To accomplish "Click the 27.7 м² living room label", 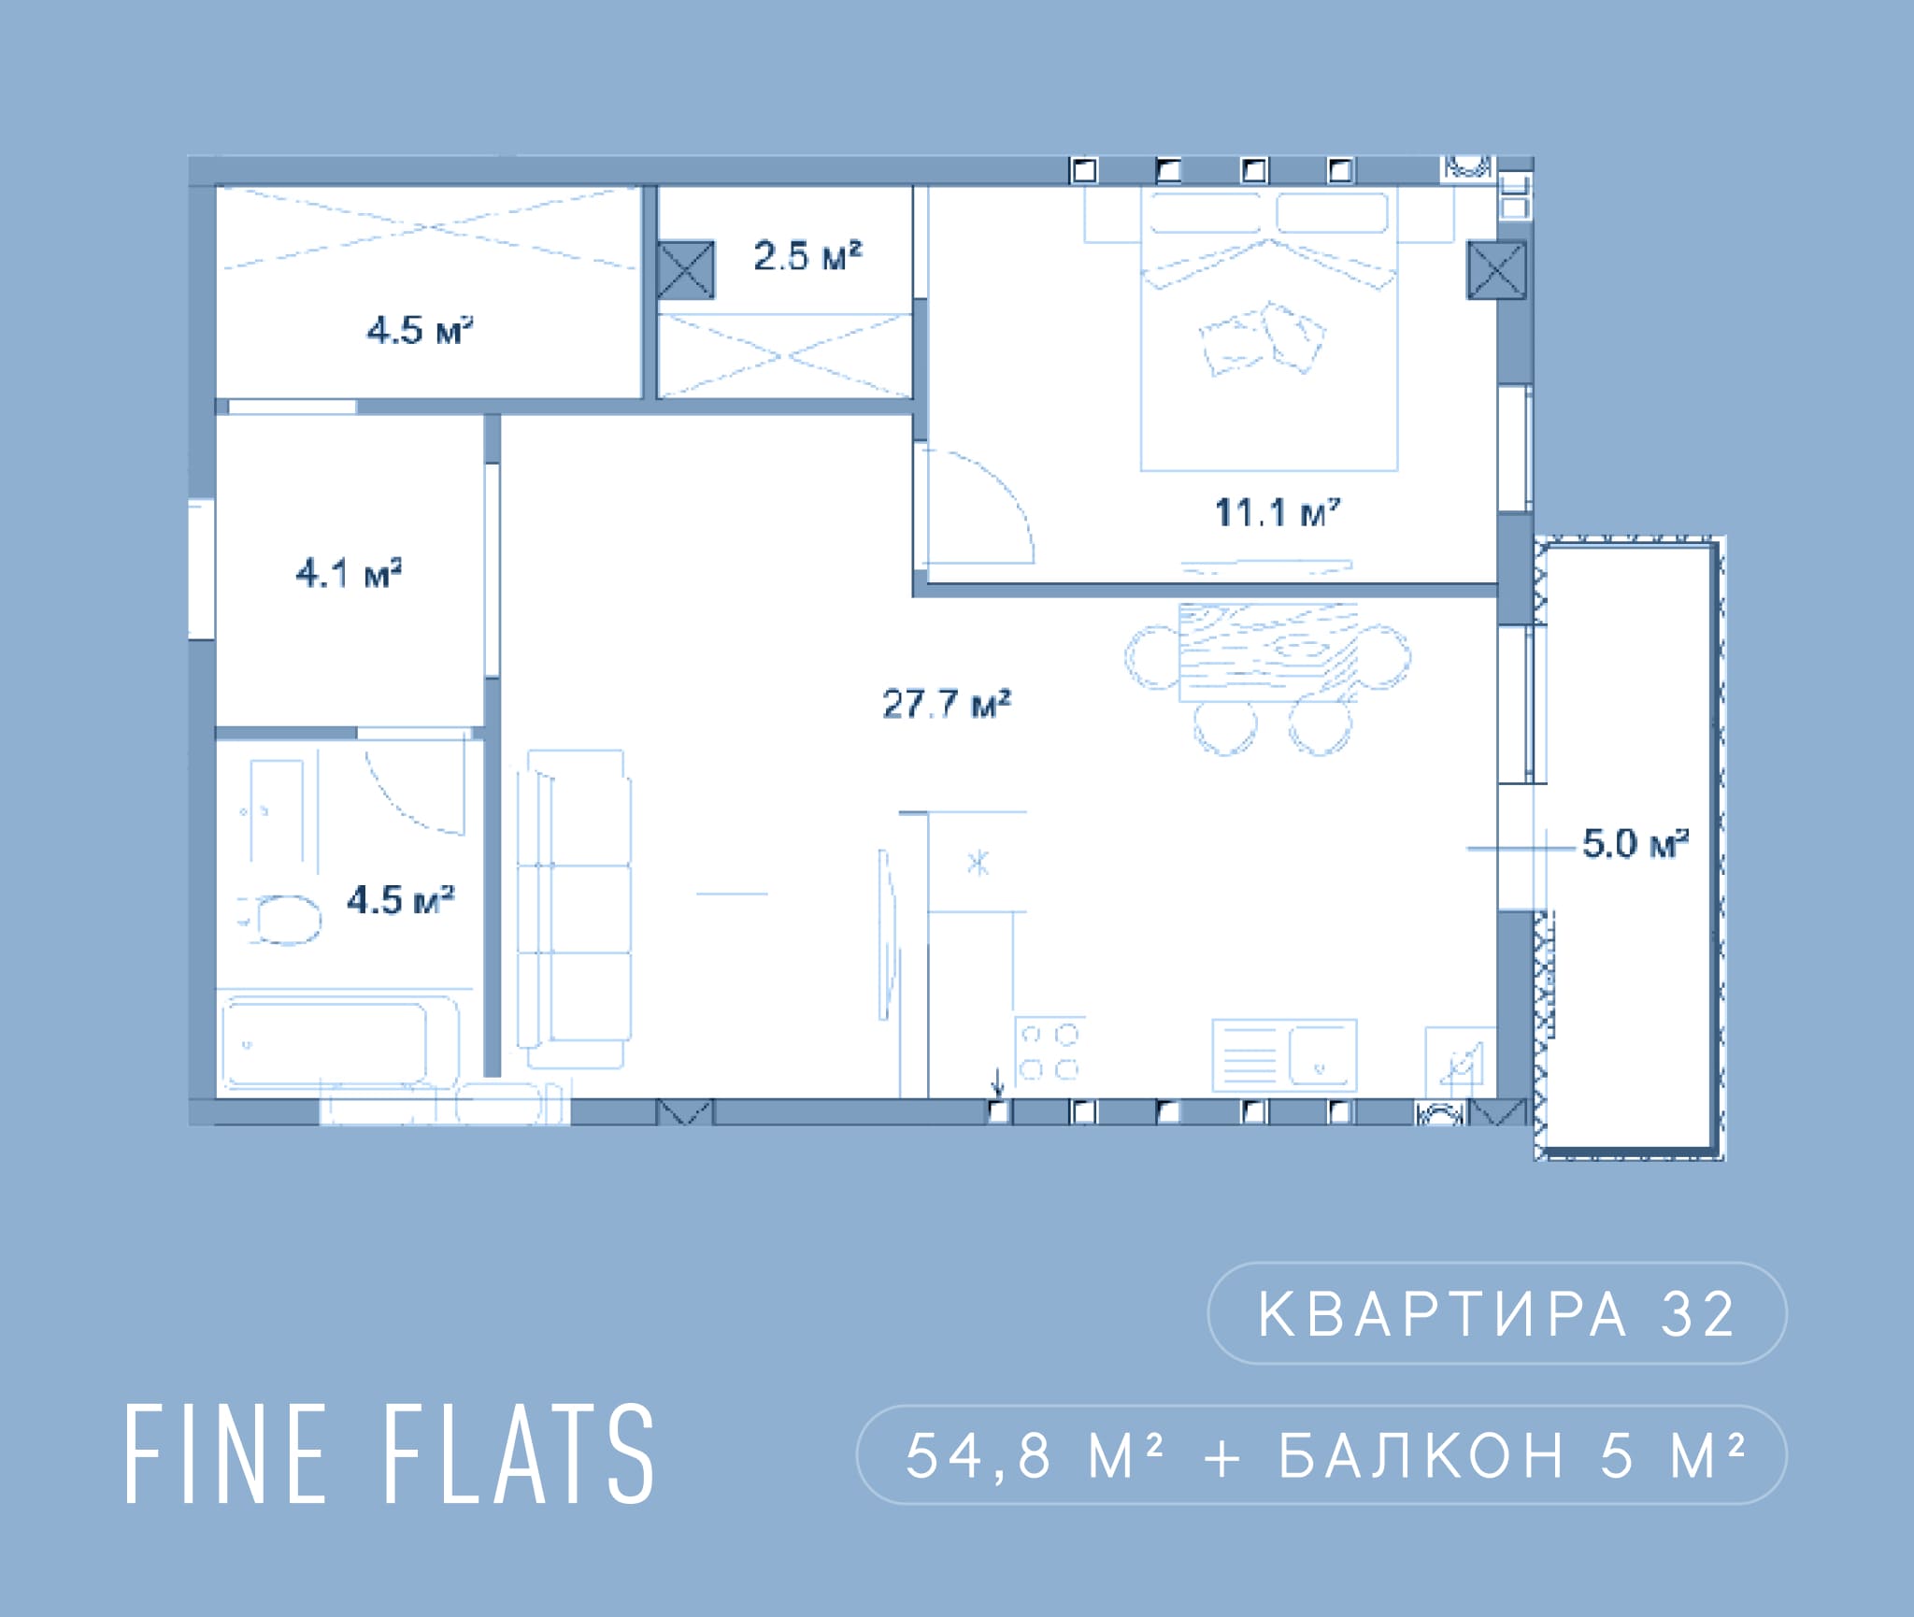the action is [x=946, y=704].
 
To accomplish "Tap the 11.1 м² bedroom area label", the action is [x=1277, y=512].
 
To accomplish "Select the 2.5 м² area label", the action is [x=807, y=256].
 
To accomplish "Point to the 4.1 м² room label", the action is [x=349, y=573].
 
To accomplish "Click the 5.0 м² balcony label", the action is [x=1635, y=844].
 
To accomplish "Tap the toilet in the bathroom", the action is [x=281, y=920].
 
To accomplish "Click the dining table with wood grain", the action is [x=1267, y=652].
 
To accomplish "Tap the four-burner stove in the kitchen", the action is [x=1049, y=1051].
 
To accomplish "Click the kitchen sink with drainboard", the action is [x=1284, y=1055].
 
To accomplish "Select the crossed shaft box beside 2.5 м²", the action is [x=685, y=270].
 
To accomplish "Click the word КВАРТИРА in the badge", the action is [x=1442, y=1315].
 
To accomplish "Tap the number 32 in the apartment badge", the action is [x=1698, y=1315].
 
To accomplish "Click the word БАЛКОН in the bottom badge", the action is [x=1421, y=1456].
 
